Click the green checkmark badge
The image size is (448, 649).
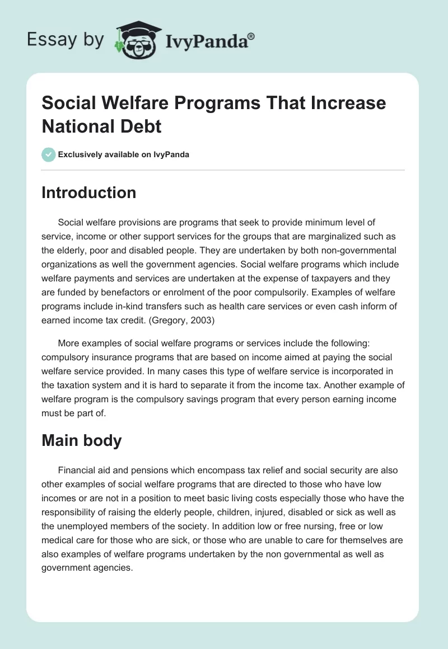click(x=48, y=154)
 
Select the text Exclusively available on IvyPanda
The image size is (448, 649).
click(x=123, y=154)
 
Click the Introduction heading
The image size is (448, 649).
click(x=89, y=192)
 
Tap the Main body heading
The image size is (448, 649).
click(x=82, y=440)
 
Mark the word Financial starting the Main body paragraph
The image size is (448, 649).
click(x=77, y=471)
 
